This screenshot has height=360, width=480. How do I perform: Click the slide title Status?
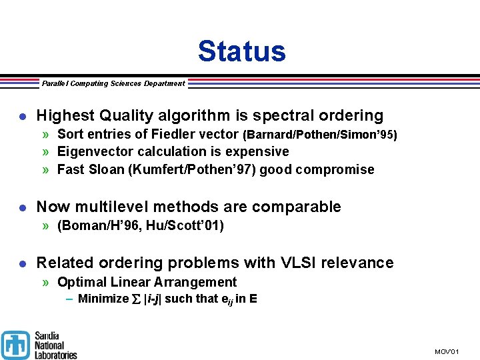click(241, 51)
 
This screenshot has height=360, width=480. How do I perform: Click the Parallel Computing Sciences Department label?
click(113, 83)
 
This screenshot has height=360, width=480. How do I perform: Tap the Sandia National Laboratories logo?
click(39, 345)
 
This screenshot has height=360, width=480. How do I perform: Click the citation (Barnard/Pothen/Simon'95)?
click(319, 135)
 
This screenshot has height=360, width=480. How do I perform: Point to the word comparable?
click(297, 207)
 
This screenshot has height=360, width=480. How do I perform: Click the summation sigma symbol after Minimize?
click(136, 299)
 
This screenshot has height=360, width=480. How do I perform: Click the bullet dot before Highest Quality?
click(22, 117)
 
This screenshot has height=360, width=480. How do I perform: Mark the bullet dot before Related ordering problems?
click(22, 264)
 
